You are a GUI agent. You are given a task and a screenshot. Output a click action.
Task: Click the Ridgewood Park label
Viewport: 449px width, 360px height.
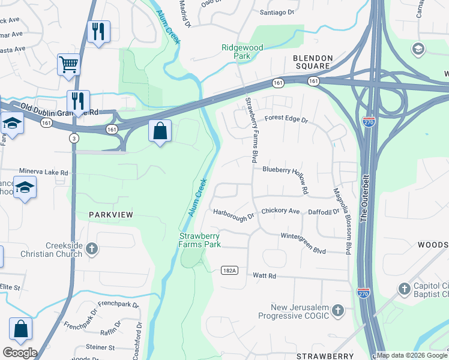[x=243, y=52]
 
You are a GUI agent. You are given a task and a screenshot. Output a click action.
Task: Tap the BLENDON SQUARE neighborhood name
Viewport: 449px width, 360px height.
[x=312, y=62]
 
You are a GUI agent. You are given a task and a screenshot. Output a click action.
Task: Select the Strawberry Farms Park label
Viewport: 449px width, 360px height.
[x=200, y=240]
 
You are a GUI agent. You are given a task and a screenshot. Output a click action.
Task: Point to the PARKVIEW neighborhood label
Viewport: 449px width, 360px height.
[x=110, y=214]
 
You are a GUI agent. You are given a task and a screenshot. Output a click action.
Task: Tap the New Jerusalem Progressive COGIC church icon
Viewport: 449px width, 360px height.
[x=338, y=310]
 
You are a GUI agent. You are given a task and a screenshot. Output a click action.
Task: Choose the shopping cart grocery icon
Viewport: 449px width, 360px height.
[x=68, y=63]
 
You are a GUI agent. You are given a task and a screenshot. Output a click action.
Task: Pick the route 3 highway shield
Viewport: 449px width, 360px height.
[x=73, y=138]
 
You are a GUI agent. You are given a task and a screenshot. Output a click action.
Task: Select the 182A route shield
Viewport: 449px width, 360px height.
[x=229, y=271]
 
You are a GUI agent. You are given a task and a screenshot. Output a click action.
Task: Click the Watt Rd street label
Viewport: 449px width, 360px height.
[x=264, y=276]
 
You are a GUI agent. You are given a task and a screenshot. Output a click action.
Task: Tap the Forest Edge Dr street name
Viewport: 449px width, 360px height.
[x=286, y=120]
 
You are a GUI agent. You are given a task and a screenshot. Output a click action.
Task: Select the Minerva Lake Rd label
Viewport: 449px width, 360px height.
[x=44, y=172]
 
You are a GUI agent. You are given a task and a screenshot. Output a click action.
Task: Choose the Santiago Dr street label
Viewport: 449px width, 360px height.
[x=276, y=12]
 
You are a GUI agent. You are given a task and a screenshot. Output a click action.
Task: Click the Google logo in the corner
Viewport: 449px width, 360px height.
[x=20, y=353]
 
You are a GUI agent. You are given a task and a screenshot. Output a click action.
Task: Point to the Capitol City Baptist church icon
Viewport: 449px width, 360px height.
[x=404, y=289]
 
